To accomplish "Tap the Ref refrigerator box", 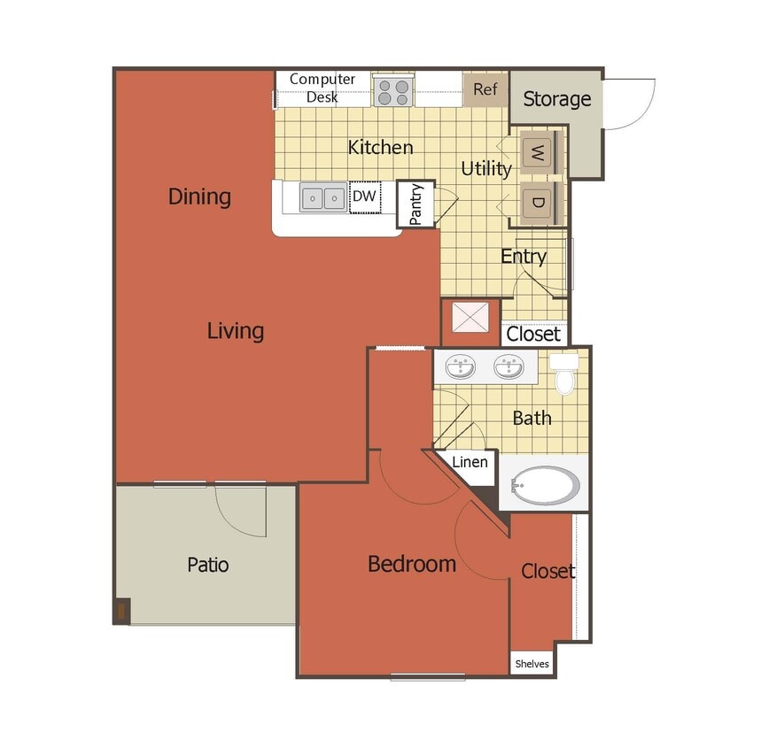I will (485, 89).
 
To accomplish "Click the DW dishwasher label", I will (364, 196).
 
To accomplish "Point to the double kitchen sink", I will (322, 197).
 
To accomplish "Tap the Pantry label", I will (416, 204).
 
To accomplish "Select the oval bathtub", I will (546, 485).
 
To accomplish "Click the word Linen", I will (469, 462).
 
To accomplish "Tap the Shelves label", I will (532, 664).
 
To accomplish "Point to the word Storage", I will (556, 99).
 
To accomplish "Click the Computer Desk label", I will (322, 88).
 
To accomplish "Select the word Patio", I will (207, 564).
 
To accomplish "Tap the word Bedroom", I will (412, 564).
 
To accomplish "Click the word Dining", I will (199, 196).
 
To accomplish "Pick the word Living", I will (236, 331).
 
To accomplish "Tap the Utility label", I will (486, 168).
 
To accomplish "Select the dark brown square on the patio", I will (121, 612).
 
